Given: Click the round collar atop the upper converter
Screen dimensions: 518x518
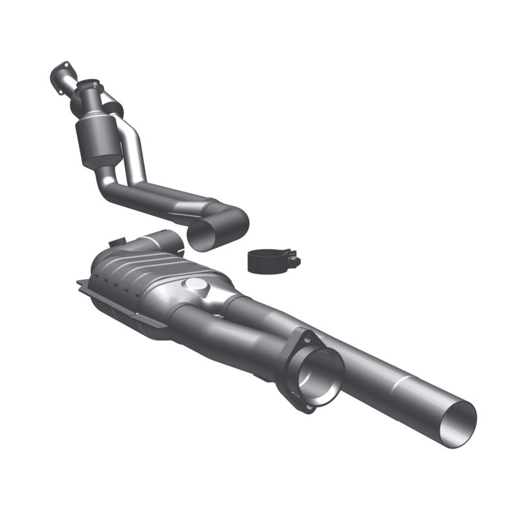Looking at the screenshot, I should (x=89, y=86).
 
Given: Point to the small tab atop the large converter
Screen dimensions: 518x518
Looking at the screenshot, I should (x=117, y=243).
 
